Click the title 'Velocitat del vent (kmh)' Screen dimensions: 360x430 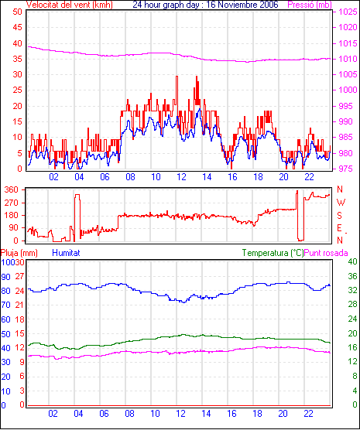click(69, 5)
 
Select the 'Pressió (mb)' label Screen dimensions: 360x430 click(310, 5)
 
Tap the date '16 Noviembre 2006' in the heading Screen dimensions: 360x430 click(244, 5)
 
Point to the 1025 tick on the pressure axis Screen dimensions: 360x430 click(348, 12)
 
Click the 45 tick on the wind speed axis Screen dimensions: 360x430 click(17, 27)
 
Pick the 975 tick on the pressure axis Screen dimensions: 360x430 click(348, 169)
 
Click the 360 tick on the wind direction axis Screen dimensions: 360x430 click(12, 189)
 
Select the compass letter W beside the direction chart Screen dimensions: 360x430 click(341, 203)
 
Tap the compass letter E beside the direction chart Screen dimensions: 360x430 click(339, 228)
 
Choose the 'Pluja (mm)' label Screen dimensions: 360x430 click(19, 253)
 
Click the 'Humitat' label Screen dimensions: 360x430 click(66, 253)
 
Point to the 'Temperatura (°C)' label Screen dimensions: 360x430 click(273, 253)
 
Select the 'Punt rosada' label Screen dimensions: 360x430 click(326, 253)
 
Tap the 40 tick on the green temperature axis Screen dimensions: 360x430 click(352, 261)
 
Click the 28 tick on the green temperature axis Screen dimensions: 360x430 click(352, 305)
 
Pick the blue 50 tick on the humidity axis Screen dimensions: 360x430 click(5, 334)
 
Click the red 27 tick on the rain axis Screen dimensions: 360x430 click(19, 276)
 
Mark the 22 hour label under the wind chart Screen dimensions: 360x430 click(309, 177)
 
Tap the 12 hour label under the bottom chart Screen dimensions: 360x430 click(180, 413)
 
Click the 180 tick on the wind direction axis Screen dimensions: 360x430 click(12, 215)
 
